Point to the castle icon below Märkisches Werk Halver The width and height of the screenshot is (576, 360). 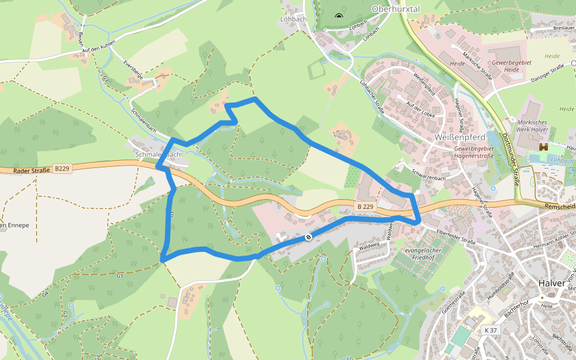[544, 147]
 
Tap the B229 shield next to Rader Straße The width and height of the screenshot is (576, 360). [62, 169]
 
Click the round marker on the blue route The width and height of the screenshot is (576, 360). [308, 237]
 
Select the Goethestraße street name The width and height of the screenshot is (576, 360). [454, 304]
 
